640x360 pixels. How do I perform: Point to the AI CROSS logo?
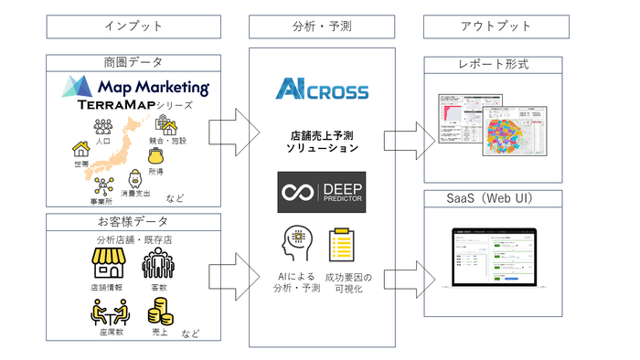[x=322, y=91]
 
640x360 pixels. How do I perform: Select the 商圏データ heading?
[x=134, y=61]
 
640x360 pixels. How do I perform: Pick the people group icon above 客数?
[x=160, y=264]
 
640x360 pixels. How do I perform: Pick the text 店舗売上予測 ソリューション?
[x=322, y=141]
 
